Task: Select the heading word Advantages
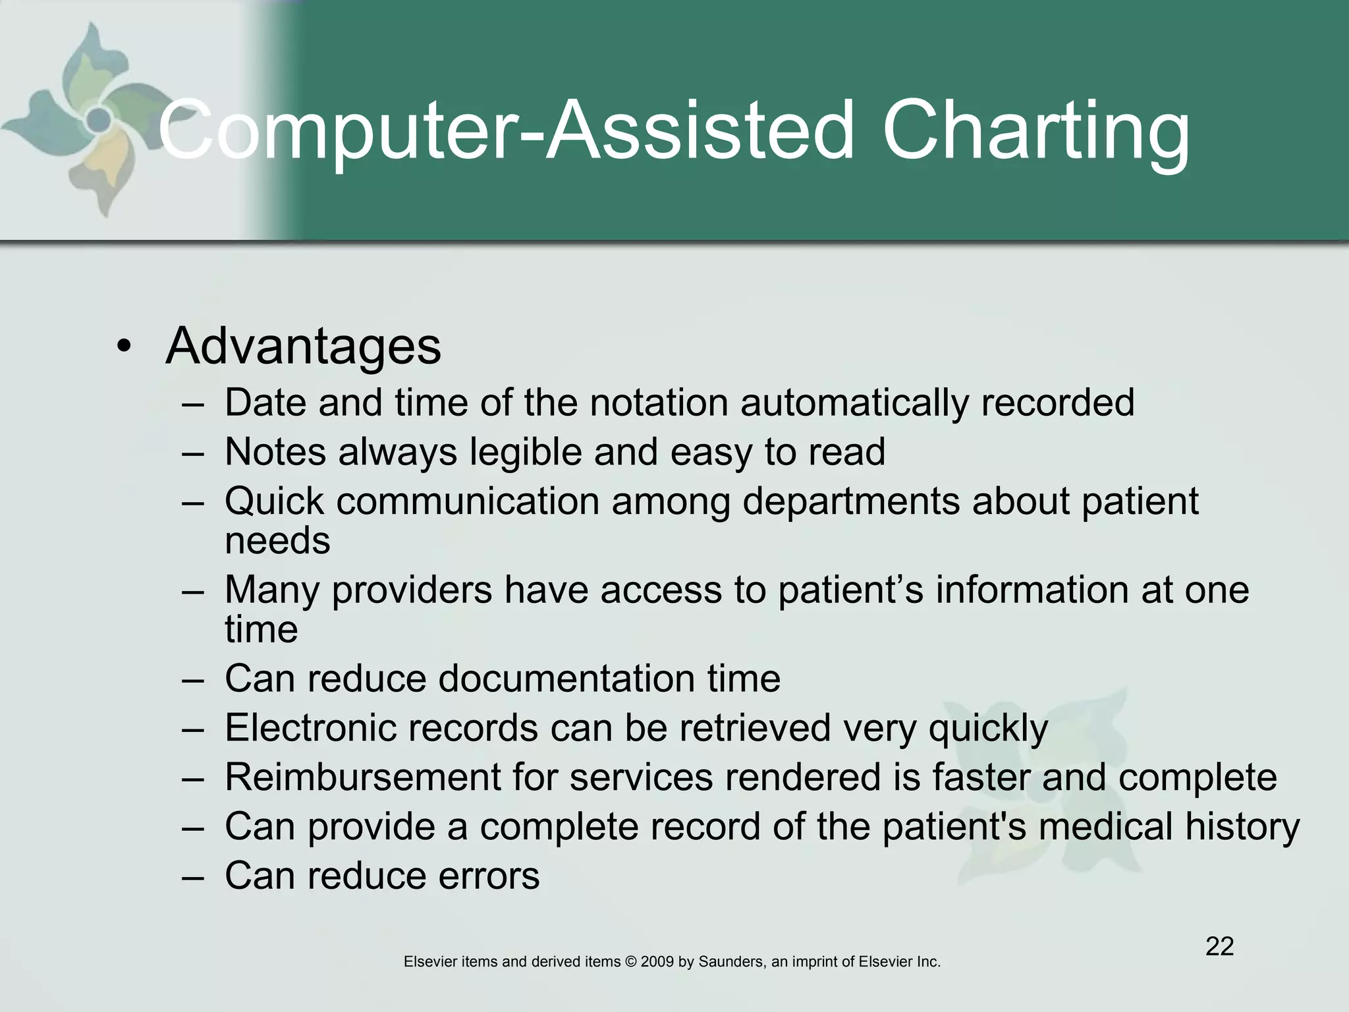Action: tap(304, 346)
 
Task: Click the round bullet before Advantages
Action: tap(123, 347)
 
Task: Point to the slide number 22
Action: tap(1219, 947)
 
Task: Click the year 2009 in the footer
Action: tap(657, 962)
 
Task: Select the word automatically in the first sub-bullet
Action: tap(854, 403)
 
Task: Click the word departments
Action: tap(851, 502)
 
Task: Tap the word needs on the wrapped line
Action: tap(277, 541)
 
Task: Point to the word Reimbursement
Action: tap(363, 777)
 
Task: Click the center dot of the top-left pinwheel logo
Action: tap(99, 119)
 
